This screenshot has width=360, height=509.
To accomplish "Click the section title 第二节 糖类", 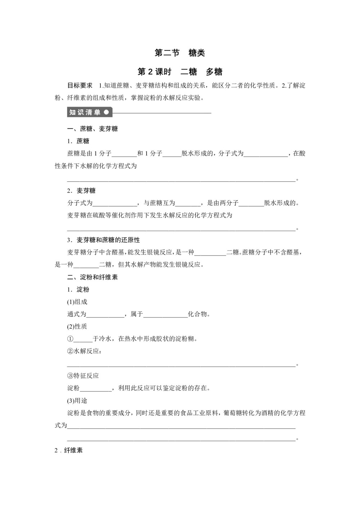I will (180, 53).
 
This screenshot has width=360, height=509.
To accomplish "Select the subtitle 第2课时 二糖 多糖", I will (180, 72).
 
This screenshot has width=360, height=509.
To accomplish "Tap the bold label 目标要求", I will (80, 86).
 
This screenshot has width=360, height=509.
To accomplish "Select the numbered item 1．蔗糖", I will (78, 141).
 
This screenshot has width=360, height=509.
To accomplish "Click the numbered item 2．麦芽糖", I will (81, 191).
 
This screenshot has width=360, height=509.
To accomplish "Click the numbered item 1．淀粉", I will (78, 290).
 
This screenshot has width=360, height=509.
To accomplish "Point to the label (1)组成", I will (77, 302).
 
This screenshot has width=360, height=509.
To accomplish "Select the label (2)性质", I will (77, 326).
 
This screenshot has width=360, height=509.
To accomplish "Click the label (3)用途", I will (77, 401).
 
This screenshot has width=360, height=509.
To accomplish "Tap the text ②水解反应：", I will (84, 351).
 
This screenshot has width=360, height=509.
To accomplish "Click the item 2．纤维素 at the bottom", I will (68, 450).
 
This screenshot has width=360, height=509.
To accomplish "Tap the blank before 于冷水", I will (83, 339).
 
